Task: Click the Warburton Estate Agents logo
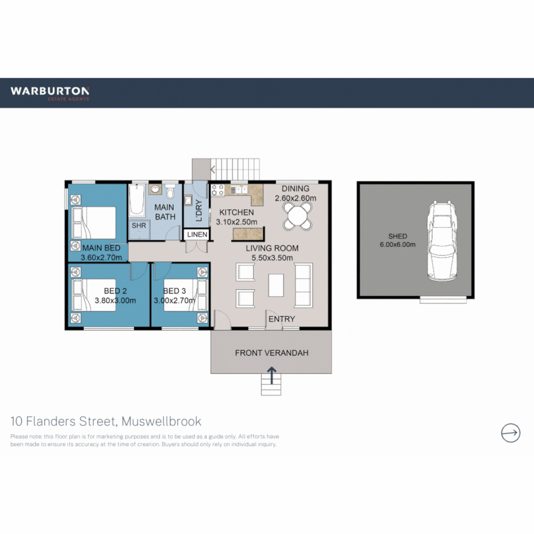point(50,92)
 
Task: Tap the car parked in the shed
point(441,241)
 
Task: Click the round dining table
point(299,217)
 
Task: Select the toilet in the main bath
point(171,191)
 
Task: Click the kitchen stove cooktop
point(218,190)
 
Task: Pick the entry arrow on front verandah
point(271,375)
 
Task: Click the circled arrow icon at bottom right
point(510,433)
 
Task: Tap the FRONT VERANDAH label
point(271,353)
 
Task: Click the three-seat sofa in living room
point(303,285)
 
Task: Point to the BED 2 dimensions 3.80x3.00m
point(115,300)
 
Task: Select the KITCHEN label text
point(237,213)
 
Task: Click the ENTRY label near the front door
point(281,319)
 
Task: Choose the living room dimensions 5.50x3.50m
point(272,258)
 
